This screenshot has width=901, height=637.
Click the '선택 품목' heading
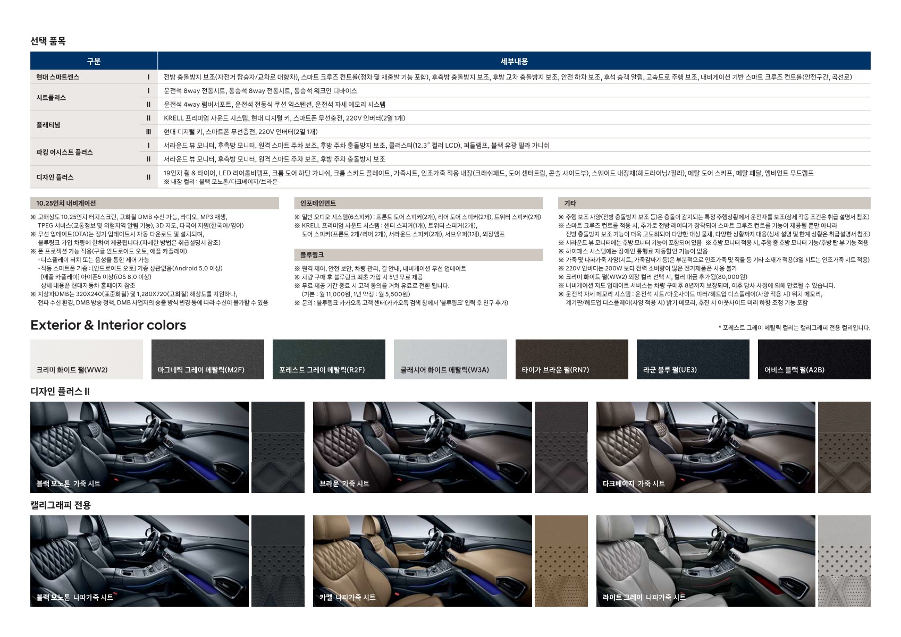[x=48, y=41]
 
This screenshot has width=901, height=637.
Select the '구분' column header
[x=94, y=61]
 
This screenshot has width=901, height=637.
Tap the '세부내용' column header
[x=514, y=61]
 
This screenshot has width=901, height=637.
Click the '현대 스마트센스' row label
[x=57, y=77]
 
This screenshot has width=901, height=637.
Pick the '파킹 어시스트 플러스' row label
[x=64, y=152]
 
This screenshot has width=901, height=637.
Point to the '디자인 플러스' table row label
[x=55, y=177]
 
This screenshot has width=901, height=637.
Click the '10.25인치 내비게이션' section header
[x=66, y=203]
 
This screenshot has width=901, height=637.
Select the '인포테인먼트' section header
[x=318, y=203]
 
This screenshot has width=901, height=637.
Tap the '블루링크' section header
[x=311, y=255]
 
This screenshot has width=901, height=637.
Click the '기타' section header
[x=570, y=203]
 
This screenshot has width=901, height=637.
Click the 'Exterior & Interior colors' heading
[x=108, y=325]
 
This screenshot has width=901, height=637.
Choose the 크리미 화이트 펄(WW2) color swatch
[x=87, y=359]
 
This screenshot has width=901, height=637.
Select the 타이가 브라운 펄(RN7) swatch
[x=571, y=359]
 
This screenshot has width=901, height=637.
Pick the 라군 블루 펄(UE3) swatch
[x=693, y=359]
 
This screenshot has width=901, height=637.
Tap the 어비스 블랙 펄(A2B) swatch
[x=814, y=359]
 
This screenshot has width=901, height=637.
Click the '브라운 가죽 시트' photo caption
[x=344, y=483]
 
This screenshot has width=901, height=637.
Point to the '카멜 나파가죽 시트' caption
[x=348, y=597]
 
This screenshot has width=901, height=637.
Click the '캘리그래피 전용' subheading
[x=61, y=505]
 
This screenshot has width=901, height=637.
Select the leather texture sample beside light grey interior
[x=844, y=561]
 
